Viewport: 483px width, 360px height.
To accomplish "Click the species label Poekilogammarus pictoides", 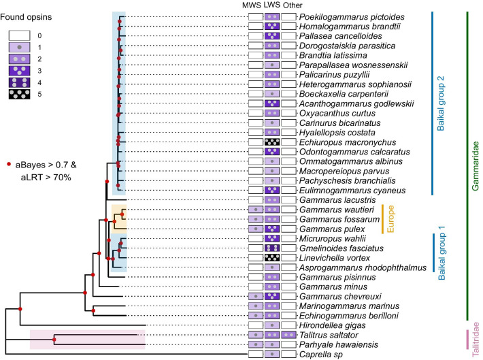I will [343, 16].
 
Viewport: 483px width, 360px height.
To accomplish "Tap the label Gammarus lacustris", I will [333, 200].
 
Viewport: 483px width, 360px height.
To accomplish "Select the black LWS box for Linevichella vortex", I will [272, 258].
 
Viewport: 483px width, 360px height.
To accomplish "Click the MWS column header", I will [255, 5].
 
